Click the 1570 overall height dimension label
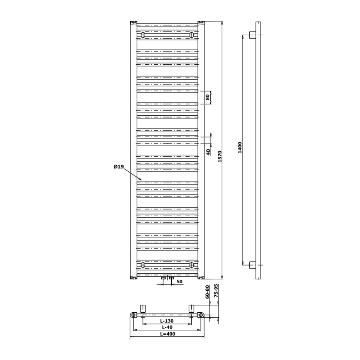(x=220, y=156)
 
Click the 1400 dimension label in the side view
(x=240, y=147)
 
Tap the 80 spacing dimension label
(x=207, y=97)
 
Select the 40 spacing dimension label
(x=208, y=151)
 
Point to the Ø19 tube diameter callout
(x=119, y=167)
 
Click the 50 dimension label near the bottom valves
(x=180, y=282)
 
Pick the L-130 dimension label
(x=167, y=321)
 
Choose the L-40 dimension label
(x=167, y=328)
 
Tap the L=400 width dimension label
(x=167, y=334)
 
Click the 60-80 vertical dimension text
(x=207, y=292)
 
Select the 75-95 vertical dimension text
(x=216, y=292)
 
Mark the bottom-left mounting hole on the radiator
(x=143, y=265)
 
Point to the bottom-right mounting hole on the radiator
(x=192, y=265)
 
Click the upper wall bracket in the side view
(x=252, y=35)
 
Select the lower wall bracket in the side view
(x=252, y=265)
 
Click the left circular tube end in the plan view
(x=133, y=315)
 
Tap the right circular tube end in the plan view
(x=201, y=315)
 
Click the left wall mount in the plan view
(x=143, y=308)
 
